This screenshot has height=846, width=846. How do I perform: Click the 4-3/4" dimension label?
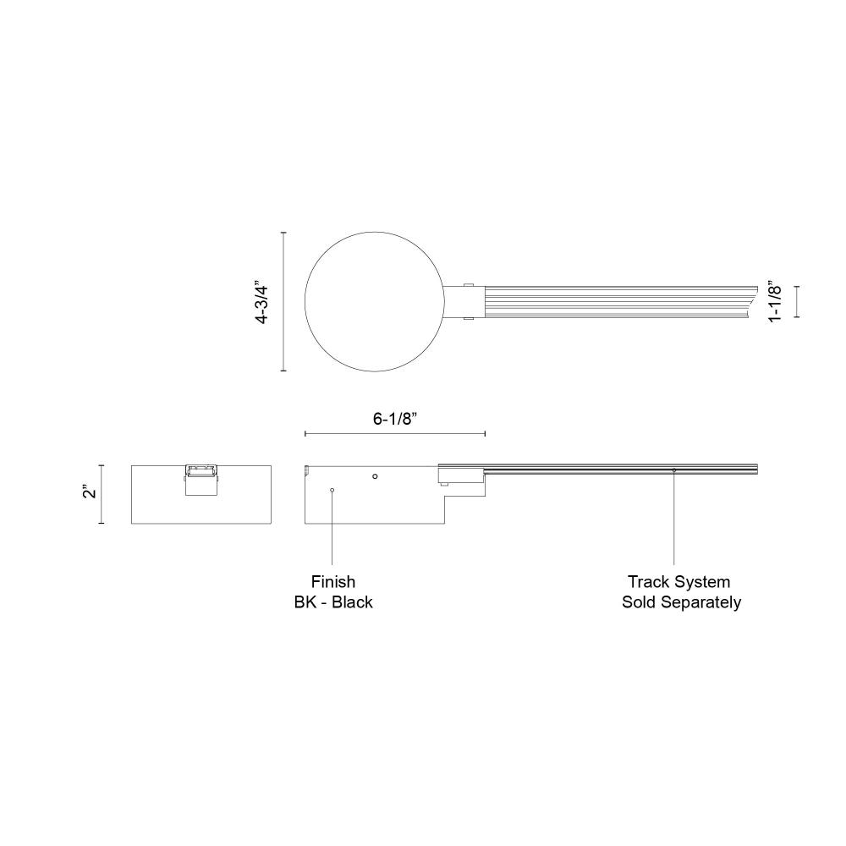pyautogui.click(x=262, y=302)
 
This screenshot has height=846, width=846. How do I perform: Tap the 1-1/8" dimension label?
pyautogui.click(x=774, y=301)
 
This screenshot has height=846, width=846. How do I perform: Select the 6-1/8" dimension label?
pyautogui.click(x=395, y=419)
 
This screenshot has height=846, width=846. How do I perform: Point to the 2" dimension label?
pyautogui.click(x=90, y=492)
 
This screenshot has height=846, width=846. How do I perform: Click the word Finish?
pyautogui.click(x=332, y=582)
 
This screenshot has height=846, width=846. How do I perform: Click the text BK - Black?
pyautogui.click(x=332, y=602)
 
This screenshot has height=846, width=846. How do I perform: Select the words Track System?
pyautogui.click(x=678, y=582)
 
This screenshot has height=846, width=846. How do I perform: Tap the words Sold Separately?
pyautogui.click(x=681, y=602)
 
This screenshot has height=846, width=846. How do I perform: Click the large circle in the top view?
pyautogui.click(x=305, y=302)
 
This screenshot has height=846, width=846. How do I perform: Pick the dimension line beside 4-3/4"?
pyautogui.click(x=283, y=302)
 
